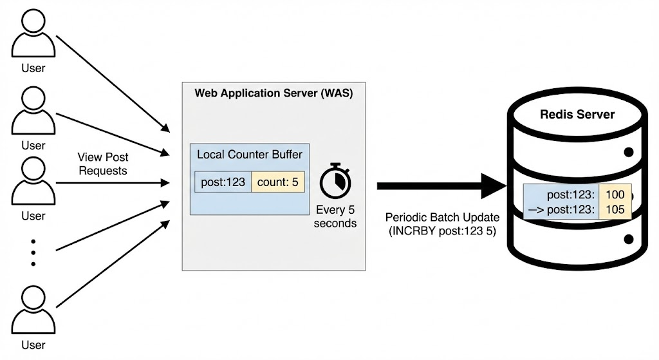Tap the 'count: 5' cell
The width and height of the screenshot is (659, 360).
tap(277, 182)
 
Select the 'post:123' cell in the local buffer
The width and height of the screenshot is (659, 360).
tap(223, 182)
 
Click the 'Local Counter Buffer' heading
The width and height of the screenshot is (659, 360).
tap(249, 155)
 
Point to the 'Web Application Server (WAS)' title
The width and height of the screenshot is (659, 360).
tap(274, 93)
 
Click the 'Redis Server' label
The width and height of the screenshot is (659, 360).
tap(577, 115)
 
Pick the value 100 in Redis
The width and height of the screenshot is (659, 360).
tap(615, 194)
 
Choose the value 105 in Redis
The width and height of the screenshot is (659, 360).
tap(615, 210)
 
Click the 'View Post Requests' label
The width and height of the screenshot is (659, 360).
tap(102, 164)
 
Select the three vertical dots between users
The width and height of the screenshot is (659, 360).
tap(33, 252)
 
